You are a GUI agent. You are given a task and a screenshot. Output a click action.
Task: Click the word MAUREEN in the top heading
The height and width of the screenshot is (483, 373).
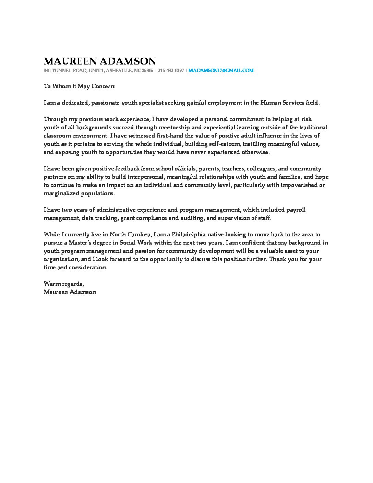70,61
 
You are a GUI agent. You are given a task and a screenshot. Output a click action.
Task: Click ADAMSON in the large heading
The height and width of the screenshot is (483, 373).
128,61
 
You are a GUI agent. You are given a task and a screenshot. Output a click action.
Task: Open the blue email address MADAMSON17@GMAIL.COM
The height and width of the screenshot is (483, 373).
221,70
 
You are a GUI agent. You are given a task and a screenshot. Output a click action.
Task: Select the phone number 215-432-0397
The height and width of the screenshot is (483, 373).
171,70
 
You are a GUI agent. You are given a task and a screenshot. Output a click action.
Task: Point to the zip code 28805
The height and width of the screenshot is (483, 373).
148,70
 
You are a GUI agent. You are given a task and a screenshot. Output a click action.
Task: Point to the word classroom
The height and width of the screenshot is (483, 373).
56,136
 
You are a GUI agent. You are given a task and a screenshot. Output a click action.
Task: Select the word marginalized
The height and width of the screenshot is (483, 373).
61,193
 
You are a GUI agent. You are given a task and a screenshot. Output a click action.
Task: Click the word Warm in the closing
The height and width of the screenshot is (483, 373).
51,284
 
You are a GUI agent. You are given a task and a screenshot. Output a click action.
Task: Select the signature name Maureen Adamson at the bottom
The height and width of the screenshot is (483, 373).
70,292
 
